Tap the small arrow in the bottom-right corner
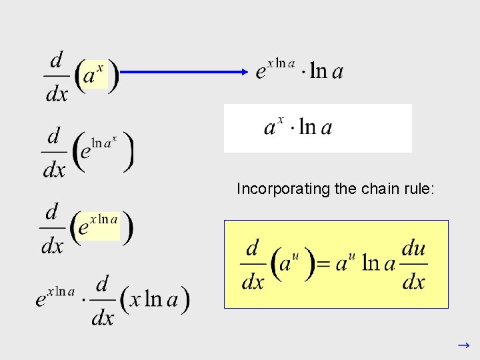(463, 346)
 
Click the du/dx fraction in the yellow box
(414, 265)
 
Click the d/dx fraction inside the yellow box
(253, 265)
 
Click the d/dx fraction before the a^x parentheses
(57, 77)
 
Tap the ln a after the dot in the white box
(315, 127)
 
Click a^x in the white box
(274, 127)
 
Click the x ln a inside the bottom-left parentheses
(154, 299)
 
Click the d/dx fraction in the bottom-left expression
(102, 301)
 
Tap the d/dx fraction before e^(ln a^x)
(55, 153)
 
